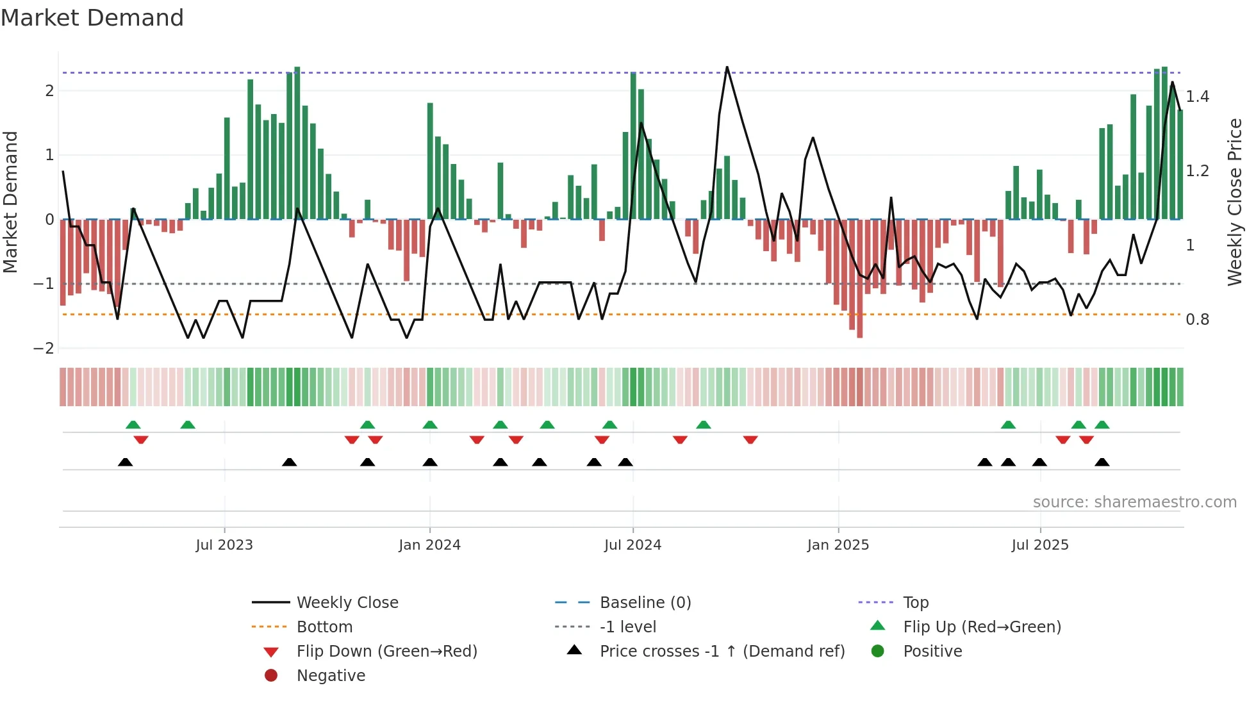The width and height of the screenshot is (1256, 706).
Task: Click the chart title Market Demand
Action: coord(92,18)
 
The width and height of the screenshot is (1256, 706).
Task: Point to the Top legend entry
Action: coord(915,602)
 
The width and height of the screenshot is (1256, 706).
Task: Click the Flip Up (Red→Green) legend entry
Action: coord(982,627)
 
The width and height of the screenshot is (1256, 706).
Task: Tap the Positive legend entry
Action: coord(932,651)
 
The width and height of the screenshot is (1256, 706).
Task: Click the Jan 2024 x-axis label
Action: coord(429,545)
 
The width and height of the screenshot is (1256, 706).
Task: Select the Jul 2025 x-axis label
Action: coord(1040,545)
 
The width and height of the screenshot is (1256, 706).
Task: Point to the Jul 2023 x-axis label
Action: coord(224,545)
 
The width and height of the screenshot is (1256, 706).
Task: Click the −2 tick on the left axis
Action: coord(44,348)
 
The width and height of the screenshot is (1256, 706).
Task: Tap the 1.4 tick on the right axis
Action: coord(1197,96)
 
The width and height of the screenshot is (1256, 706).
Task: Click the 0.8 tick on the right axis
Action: coord(1197,319)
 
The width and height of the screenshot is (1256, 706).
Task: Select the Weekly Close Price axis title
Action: coord(1234,201)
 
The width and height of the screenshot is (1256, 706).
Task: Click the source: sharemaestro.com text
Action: coord(1134,502)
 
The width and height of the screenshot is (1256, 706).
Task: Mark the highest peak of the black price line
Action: coord(727,67)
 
